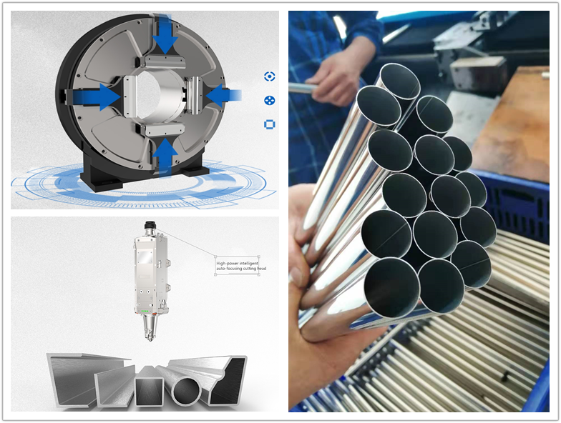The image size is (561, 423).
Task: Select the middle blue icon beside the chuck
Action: coord(269,101)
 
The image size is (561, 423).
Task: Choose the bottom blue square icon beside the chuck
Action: coord(269,125)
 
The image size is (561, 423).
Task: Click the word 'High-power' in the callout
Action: coord(228,264)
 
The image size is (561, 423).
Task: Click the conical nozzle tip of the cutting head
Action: coord(150,330)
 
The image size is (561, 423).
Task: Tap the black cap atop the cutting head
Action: coord(150,228)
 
